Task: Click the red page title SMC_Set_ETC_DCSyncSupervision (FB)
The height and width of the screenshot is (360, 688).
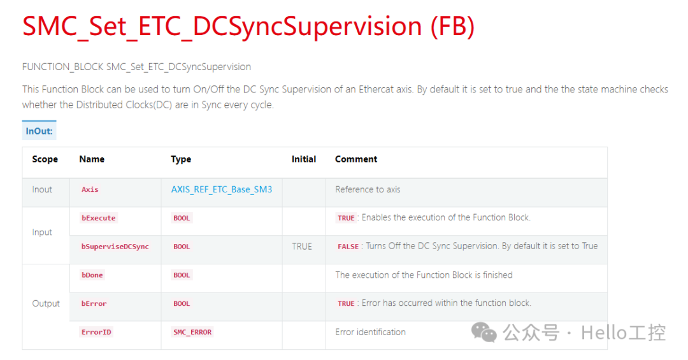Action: pyautogui.click(x=248, y=26)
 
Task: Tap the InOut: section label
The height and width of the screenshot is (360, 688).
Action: pyautogui.click(x=39, y=131)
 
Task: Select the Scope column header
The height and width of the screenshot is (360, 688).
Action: pyautogui.click(x=45, y=159)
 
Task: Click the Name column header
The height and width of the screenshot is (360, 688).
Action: pyautogui.click(x=92, y=159)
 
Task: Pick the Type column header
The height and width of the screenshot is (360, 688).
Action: pyautogui.click(x=181, y=159)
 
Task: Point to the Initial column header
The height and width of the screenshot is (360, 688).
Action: pyautogui.click(x=304, y=159)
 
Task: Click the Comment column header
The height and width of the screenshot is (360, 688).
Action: pyautogui.click(x=356, y=159)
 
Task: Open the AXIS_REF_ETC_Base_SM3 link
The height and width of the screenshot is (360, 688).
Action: pyautogui.click(x=222, y=189)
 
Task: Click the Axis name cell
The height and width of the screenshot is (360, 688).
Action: pyautogui.click(x=90, y=189)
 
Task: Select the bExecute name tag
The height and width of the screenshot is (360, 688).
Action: pyautogui.click(x=99, y=218)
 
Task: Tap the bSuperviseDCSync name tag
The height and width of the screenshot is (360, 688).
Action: pyautogui.click(x=115, y=247)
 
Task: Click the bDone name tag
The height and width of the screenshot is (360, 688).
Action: pyautogui.click(x=92, y=275)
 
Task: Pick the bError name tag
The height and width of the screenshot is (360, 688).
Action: pyautogui.click(x=94, y=304)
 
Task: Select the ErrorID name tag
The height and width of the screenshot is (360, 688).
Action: pyautogui.click(x=96, y=332)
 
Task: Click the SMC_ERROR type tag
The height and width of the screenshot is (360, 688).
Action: pyautogui.click(x=192, y=332)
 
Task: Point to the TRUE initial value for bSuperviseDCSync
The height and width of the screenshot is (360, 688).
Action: pyautogui.click(x=302, y=246)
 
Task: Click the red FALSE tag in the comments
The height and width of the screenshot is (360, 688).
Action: pyautogui.click(x=348, y=247)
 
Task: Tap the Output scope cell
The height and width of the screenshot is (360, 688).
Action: pyautogui.click(x=46, y=303)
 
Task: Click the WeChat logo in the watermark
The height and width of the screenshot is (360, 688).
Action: pyautogui.click(x=484, y=331)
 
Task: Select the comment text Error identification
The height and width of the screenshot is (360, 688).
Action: pyautogui.click(x=370, y=332)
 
